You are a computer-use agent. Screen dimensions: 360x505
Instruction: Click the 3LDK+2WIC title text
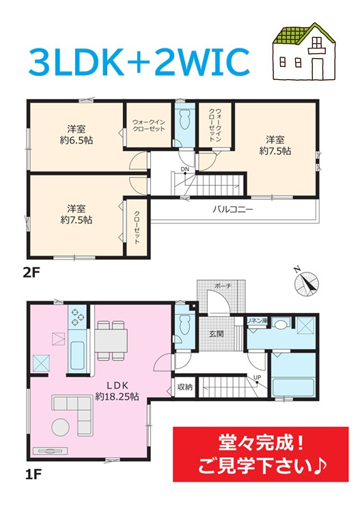(x=139, y=62)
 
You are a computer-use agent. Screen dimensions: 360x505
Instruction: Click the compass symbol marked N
(x=305, y=282)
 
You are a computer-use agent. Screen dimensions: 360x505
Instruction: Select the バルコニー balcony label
(x=233, y=210)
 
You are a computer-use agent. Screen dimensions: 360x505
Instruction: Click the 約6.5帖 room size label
(x=77, y=141)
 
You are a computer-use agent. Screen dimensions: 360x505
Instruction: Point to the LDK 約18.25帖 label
(x=117, y=391)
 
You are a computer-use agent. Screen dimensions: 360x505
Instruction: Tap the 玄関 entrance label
(x=216, y=334)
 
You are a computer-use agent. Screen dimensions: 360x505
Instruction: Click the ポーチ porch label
(x=223, y=286)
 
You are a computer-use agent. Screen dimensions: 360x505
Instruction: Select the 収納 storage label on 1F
(x=185, y=387)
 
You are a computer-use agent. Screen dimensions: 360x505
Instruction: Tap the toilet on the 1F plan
(x=185, y=325)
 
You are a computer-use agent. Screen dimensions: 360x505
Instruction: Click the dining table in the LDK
(x=111, y=340)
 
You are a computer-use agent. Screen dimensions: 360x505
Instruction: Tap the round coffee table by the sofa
(x=60, y=426)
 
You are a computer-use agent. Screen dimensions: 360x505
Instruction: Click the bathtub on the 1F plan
(x=293, y=387)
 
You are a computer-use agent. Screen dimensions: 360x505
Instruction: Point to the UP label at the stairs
(x=258, y=377)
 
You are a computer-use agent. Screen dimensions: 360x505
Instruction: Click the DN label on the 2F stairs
(x=185, y=169)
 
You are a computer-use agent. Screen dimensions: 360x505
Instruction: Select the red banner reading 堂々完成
(x=260, y=454)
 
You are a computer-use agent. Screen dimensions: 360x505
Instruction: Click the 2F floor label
(x=31, y=273)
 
